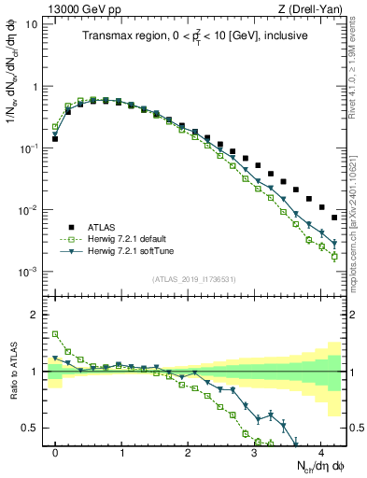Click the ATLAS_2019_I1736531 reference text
click(x=194, y=278)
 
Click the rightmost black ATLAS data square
click(x=334, y=218)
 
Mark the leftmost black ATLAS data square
click(x=55, y=138)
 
